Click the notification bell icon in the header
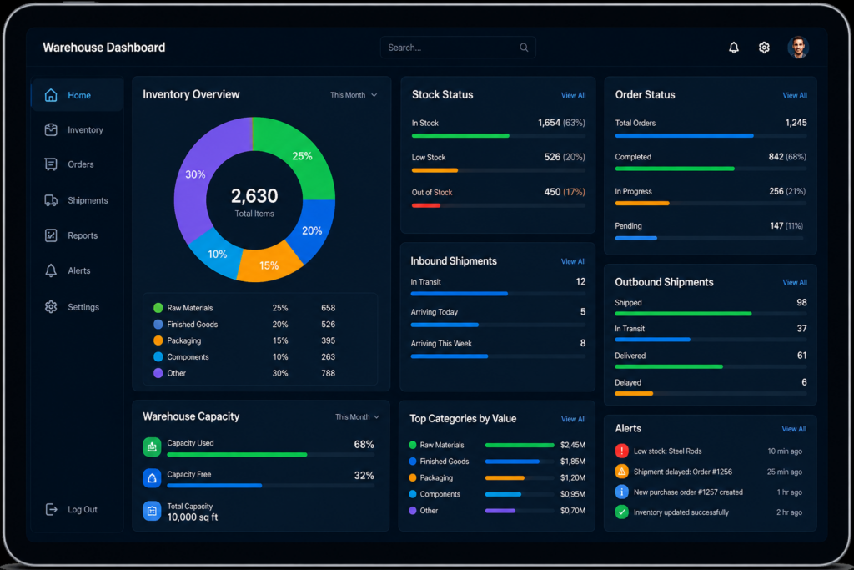(x=734, y=48)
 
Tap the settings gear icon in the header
(x=764, y=48)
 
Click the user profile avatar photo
(x=798, y=48)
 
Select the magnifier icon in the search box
(x=524, y=48)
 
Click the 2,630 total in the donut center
(x=254, y=195)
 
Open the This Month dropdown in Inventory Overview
(x=354, y=95)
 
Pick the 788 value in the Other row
(x=328, y=373)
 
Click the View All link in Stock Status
(x=574, y=95)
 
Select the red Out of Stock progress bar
(x=426, y=205)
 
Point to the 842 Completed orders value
(x=776, y=157)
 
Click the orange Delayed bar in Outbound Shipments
(x=634, y=393)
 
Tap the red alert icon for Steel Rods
(x=621, y=451)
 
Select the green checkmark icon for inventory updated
(x=621, y=512)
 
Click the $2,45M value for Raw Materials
(x=573, y=445)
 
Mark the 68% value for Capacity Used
(x=364, y=445)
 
